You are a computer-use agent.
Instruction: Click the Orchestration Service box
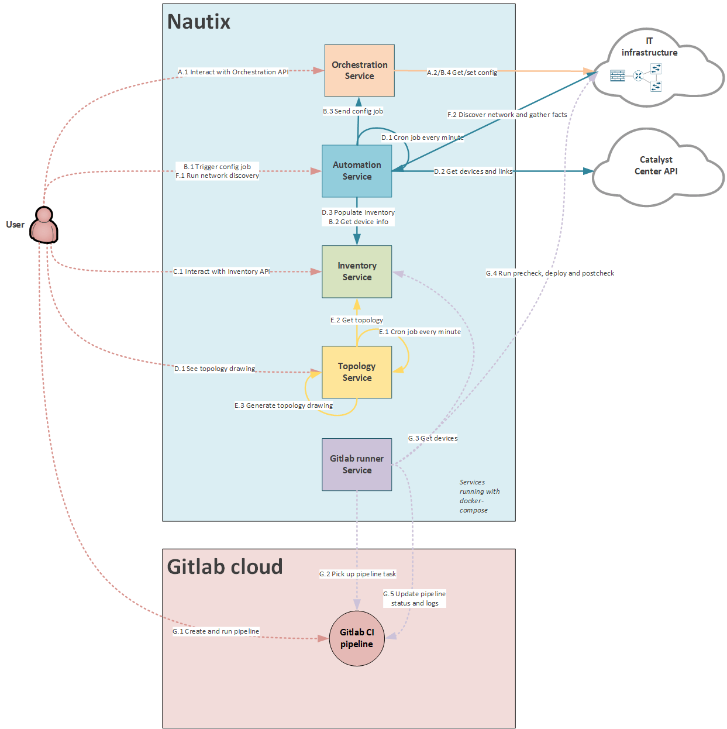click(359, 70)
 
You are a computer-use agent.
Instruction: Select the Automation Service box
click(357, 171)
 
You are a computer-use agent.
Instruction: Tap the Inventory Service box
click(357, 271)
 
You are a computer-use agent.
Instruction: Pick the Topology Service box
click(357, 372)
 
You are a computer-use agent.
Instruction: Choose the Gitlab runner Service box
click(357, 465)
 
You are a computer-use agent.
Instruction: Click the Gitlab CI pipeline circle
click(357, 638)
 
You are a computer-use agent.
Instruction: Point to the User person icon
click(44, 225)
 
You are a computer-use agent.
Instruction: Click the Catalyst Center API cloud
click(656, 166)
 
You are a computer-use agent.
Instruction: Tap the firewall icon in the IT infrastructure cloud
click(618, 75)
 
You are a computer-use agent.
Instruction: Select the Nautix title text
click(199, 22)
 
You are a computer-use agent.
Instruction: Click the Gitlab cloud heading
click(225, 567)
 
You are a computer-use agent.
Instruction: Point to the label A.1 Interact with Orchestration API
click(233, 72)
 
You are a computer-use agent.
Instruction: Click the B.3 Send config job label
click(353, 111)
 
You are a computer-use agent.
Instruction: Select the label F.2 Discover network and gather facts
click(507, 115)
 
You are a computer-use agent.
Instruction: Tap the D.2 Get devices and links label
click(473, 171)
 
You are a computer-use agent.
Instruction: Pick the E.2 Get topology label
click(357, 320)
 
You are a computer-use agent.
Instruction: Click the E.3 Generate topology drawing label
click(284, 405)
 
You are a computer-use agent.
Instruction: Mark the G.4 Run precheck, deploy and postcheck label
click(550, 273)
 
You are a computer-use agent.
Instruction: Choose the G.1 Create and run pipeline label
click(216, 631)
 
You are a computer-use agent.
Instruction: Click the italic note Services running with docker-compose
click(479, 496)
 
